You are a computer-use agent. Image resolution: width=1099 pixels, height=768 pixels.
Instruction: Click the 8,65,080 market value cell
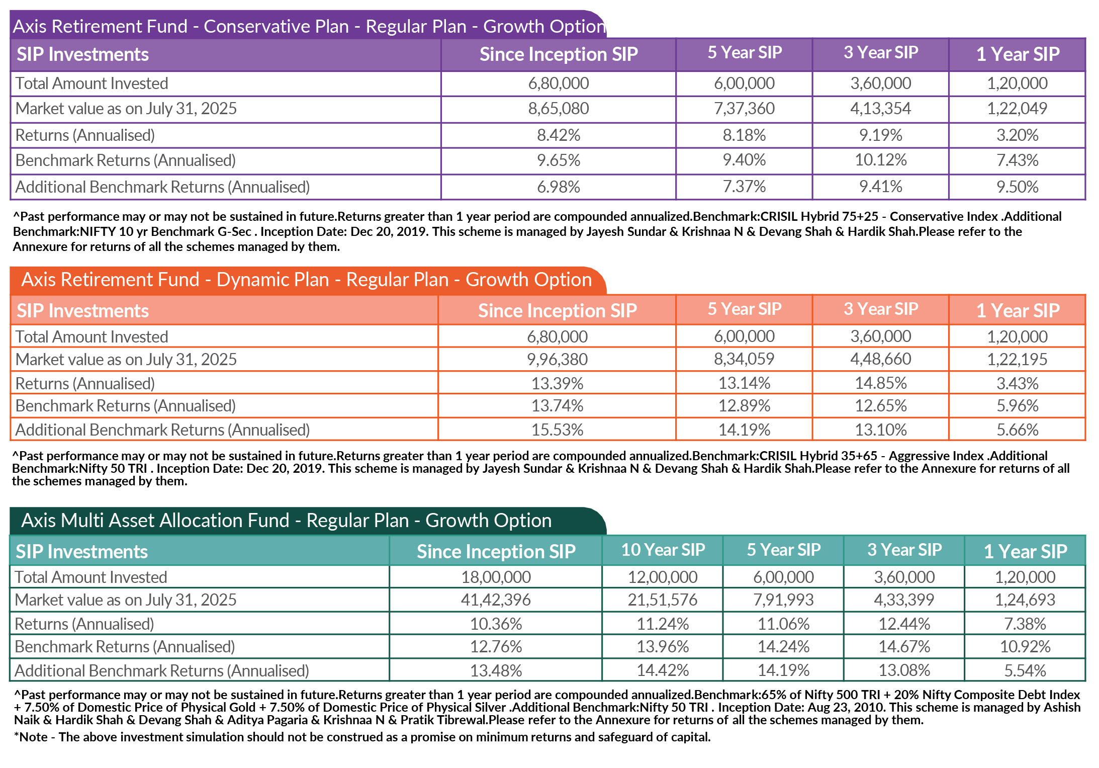coord(558,109)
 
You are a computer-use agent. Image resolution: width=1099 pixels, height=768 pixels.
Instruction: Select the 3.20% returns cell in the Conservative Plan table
coord(1017,135)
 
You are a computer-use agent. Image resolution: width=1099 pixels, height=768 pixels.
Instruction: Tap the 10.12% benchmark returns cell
coord(880,160)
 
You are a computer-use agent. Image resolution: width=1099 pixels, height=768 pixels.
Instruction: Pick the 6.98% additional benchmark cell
coord(558,187)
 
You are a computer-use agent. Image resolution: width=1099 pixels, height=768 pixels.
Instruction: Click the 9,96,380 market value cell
coord(557,359)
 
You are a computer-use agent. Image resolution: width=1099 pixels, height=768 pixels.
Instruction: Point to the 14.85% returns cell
coord(880,383)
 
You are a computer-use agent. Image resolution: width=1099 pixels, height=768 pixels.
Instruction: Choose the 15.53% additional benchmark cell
coord(557,430)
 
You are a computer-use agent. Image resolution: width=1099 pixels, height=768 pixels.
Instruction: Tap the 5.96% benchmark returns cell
coord(1017,405)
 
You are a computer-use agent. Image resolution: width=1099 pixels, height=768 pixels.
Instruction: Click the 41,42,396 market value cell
coord(496,600)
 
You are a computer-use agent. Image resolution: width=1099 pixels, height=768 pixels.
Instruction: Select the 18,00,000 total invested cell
coord(496,577)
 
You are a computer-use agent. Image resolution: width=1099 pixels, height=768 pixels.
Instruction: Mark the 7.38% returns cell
coord(1025,624)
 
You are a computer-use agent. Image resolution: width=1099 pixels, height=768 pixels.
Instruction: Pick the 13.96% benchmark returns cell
coord(662,646)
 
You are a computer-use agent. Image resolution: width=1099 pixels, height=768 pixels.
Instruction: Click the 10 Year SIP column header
coord(663,550)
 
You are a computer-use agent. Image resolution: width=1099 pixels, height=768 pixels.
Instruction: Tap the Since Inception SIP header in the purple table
coord(559,54)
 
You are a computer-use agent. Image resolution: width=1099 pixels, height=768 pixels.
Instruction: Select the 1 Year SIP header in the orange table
coord(1018,310)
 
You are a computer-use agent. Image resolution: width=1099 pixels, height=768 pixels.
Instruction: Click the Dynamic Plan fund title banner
coord(307,280)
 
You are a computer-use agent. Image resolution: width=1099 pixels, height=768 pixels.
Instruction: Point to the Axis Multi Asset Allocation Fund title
coord(287,521)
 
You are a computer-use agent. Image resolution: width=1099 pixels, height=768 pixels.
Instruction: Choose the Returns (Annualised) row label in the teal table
coord(84,624)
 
